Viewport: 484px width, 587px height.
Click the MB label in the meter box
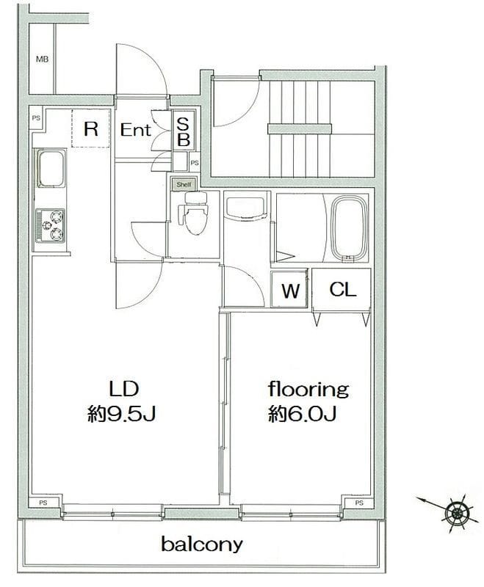(43, 59)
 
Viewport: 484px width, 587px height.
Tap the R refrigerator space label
(91, 129)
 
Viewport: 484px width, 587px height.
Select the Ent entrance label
(135, 130)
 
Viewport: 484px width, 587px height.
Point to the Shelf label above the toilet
(184, 185)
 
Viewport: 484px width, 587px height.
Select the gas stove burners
(51, 226)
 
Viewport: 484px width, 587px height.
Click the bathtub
(350, 228)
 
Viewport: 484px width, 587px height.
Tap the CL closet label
(343, 289)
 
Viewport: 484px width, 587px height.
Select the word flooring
(308, 390)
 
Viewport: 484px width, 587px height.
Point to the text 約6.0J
(302, 414)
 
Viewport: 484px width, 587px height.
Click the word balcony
(202, 544)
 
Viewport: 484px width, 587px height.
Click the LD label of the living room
(124, 389)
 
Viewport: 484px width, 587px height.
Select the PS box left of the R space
(36, 118)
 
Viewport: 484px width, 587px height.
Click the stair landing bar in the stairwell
(300, 129)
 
